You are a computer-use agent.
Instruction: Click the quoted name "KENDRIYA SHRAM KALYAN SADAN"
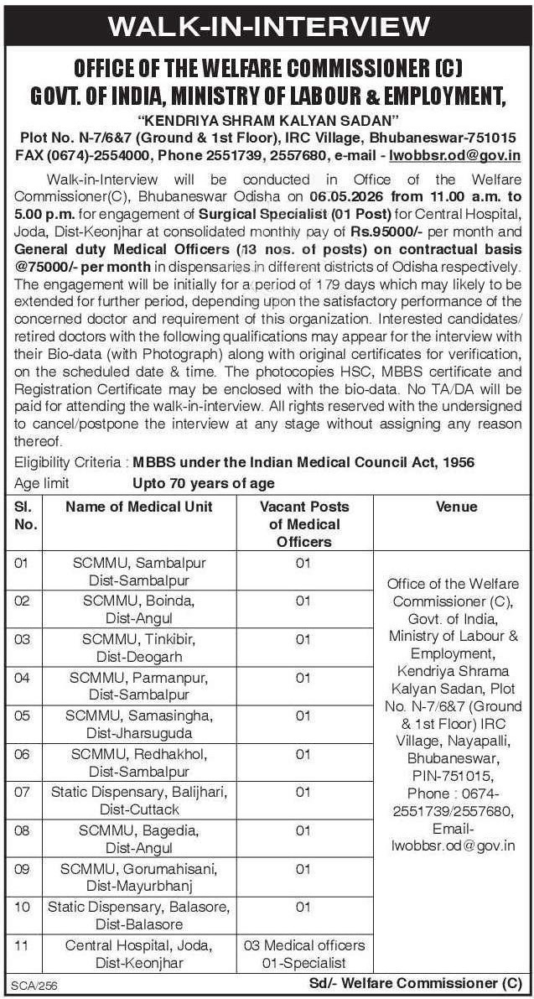coord(266,118)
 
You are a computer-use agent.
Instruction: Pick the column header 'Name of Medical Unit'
coord(139,507)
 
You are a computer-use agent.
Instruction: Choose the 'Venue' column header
coord(456,507)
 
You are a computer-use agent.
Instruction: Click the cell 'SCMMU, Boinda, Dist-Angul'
coord(139,609)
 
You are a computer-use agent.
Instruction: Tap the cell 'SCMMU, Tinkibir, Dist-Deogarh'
coord(139,647)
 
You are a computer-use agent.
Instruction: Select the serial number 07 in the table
coord(23,791)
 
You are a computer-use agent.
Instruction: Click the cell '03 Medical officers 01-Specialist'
coord(303,955)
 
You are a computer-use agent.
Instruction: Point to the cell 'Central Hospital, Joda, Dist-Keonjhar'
coord(139,955)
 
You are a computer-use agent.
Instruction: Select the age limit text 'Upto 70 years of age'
coord(204,483)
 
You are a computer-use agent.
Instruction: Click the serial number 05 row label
coord(23,714)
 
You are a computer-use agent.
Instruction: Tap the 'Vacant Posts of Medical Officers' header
coord(303,523)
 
